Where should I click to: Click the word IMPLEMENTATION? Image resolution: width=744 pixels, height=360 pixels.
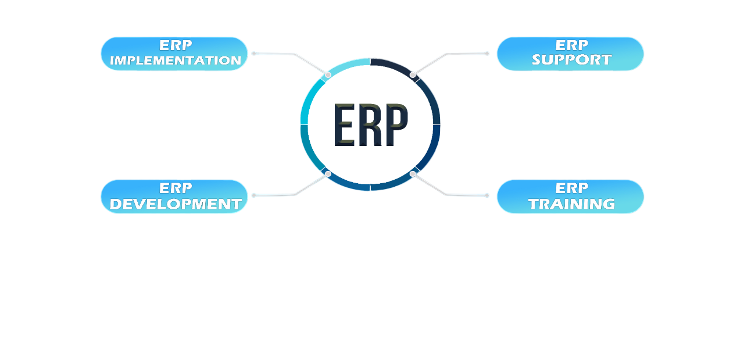coord(176,60)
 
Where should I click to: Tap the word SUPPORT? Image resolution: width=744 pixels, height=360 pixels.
coord(571,60)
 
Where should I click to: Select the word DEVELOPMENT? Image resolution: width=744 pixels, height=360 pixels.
coord(176,204)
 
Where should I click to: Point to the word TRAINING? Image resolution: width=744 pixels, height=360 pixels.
coord(571,204)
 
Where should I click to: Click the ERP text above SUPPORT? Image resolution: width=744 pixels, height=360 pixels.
coord(571,45)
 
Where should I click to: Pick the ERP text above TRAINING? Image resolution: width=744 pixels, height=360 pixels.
coord(571,188)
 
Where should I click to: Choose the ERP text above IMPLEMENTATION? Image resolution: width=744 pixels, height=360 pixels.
coord(176,45)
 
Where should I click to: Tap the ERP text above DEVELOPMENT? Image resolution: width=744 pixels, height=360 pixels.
coord(176,188)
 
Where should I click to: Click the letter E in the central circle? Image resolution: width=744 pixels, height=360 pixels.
coord(344,125)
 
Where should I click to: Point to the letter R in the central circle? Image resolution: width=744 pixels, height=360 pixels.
coord(370,125)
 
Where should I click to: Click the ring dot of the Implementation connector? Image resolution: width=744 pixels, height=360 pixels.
coord(328,74)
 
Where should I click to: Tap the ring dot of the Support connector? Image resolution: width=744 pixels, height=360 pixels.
coord(413,74)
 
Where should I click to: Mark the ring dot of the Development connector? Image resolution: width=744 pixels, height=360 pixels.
coord(328,174)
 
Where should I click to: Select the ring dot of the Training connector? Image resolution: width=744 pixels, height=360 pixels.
coord(413,174)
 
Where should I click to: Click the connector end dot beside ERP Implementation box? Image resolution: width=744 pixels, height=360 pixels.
coord(253,54)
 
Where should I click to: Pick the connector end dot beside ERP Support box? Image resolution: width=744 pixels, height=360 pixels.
coord(487,54)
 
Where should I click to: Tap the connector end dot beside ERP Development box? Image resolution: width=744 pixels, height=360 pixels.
coord(253,195)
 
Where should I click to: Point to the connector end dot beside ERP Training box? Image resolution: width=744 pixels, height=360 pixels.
coord(487,195)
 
